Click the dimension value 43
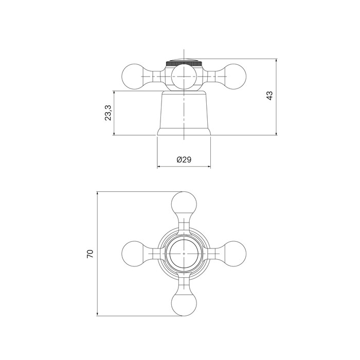pos(269,96)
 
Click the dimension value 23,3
pos(108,113)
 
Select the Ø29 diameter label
pos(184,159)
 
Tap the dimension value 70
pos(90,254)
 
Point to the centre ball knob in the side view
pos(184,77)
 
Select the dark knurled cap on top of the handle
pos(184,63)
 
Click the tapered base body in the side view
pos(184,113)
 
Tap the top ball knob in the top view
pos(184,204)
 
